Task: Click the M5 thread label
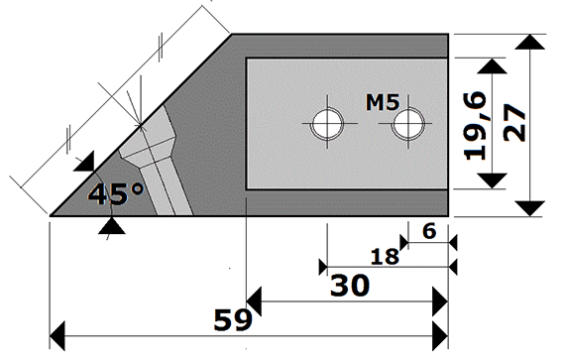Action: click(383, 102)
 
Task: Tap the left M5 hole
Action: click(327, 124)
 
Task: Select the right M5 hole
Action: click(408, 124)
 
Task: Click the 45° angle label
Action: click(116, 194)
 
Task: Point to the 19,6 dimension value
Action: click(475, 126)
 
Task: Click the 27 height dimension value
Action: click(514, 123)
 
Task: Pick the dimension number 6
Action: click(429, 231)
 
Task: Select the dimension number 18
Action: click(385, 257)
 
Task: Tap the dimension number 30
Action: click(350, 286)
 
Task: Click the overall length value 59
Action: click(233, 320)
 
